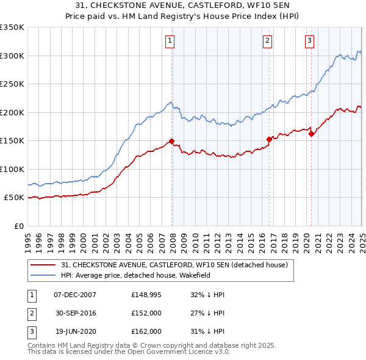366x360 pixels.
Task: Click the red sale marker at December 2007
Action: pos(171,141)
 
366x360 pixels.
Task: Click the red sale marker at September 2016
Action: pos(269,139)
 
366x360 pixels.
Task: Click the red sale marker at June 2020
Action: pos(311,134)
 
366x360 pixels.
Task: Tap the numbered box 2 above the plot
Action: pos(267,41)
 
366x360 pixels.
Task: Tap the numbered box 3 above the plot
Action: pos(309,41)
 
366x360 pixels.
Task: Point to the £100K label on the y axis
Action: pos(12,169)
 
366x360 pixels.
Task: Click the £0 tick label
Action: pos(18,226)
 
